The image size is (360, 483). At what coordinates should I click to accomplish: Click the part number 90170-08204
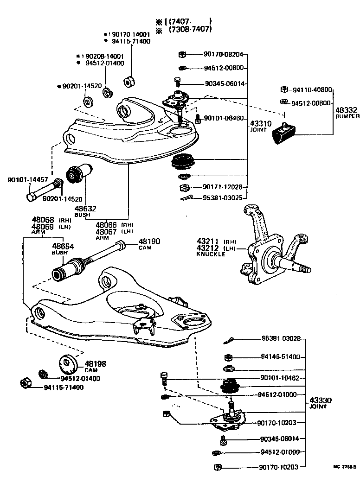click(x=223, y=54)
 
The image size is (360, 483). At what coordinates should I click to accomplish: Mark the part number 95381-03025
click(x=224, y=197)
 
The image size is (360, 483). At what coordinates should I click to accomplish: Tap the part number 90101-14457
click(x=20, y=179)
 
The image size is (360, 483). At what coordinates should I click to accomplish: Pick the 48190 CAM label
click(x=148, y=244)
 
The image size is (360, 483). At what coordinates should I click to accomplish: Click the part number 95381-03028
click(x=281, y=339)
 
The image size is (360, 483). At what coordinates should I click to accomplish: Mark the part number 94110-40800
click(x=312, y=89)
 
